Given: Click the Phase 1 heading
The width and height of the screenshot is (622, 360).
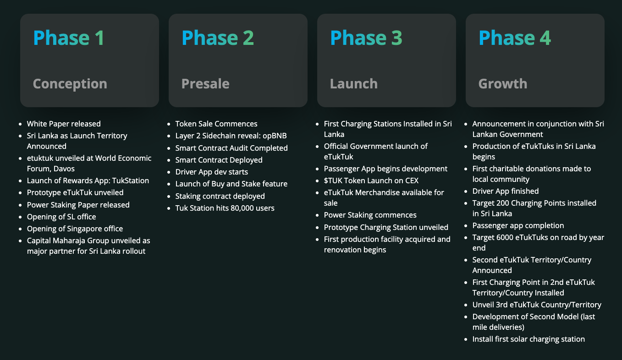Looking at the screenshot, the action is coord(69,38).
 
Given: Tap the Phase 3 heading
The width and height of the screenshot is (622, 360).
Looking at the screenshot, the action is coord(366,38).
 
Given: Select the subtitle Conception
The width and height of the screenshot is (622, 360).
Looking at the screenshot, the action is coord(70,84).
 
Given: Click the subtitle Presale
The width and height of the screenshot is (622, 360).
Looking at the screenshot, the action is coord(205,84).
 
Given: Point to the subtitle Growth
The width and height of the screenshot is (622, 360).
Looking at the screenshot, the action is coord(503,84).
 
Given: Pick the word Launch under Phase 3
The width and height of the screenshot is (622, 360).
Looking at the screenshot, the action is coord(354,84).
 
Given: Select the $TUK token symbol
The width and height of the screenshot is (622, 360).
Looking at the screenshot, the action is coord(333,181).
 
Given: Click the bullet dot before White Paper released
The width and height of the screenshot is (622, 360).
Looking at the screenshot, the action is coord(20,124).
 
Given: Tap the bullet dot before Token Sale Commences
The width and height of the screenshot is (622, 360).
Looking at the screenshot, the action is coord(169,124).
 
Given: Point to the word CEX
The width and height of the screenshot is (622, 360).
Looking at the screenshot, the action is coord(412,181).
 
